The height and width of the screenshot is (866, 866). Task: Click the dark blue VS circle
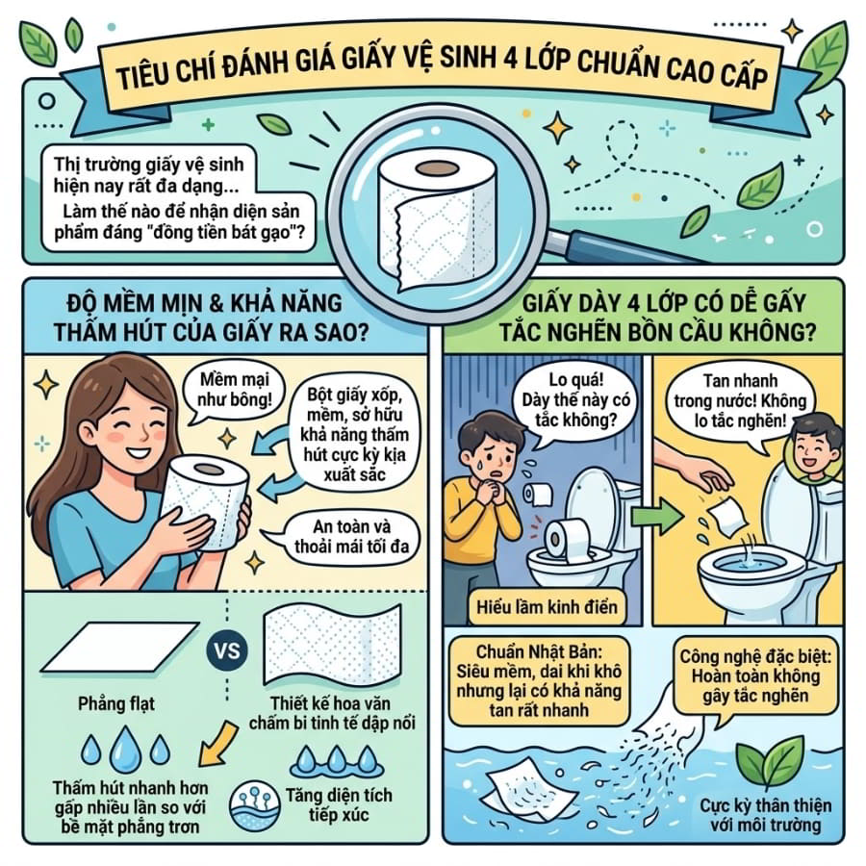pyautogui.click(x=227, y=650)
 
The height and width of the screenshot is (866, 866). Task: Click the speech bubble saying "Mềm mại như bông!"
pyautogui.click(x=234, y=390)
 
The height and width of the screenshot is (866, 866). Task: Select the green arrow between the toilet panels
pyautogui.click(x=656, y=518)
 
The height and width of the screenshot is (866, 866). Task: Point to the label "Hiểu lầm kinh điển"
pyautogui.click(x=547, y=607)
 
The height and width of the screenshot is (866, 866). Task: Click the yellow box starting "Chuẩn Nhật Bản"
pyautogui.click(x=539, y=681)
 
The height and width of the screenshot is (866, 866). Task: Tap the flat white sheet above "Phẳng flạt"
pyautogui.click(x=120, y=647)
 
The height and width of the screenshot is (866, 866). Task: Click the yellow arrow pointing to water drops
pyautogui.click(x=217, y=744)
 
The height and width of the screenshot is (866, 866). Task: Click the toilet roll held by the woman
pyautogui.click(x=207, y=501)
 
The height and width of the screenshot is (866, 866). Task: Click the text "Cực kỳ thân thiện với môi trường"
pyautogui.click(x=766, y=815)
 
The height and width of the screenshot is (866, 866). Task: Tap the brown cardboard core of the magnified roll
pyautogui.click(x=437, y=168)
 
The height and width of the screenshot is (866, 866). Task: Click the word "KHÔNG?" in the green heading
pyautogui.click(x=773, y=332)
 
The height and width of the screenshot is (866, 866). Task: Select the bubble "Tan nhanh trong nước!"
pyautogui.click(x=740, y=401)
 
